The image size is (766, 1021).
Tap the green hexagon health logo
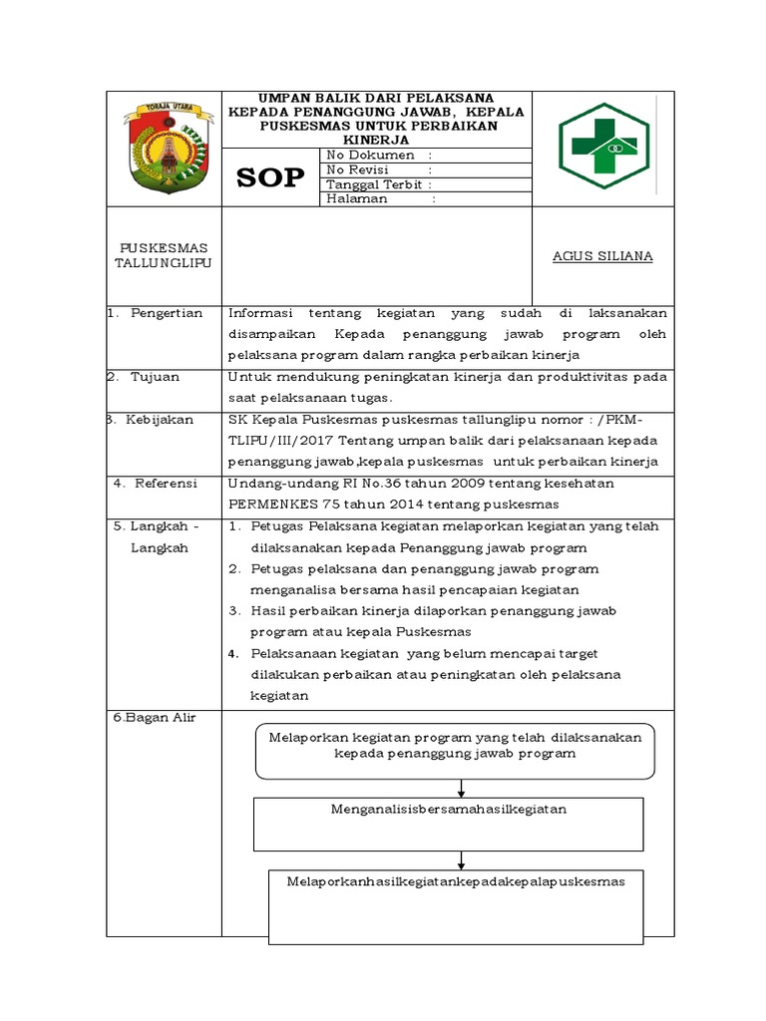pos(602,146)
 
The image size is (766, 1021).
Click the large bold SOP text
pos(270,178)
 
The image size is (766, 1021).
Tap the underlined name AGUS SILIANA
pos(602,256)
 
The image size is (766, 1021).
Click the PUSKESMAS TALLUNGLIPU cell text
pos(164,254)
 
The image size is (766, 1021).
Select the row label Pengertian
pos(166,313)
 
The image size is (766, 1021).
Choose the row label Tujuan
pos(155,377)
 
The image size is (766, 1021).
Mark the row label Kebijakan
pos(160,420)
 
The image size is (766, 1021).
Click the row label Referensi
pos(163,484)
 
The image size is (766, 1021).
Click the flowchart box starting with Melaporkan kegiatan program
pos(455,751)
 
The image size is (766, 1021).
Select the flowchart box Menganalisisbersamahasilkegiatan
pos(449,820)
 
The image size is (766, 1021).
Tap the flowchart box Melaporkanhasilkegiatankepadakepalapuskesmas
pos(455,905)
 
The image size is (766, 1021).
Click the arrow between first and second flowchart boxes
pos(461,788)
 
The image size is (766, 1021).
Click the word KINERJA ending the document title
pos(377,140)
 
